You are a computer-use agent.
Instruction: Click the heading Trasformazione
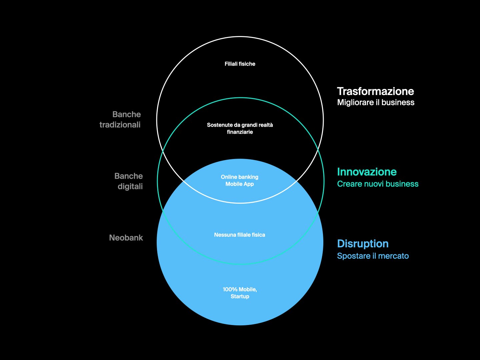[375, 91]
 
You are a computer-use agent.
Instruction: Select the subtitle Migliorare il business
[376, 102]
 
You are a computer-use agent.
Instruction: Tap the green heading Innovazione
[367, 172]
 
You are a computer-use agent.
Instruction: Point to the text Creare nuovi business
[378, 184]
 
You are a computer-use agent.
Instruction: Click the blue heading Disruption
[363, 244]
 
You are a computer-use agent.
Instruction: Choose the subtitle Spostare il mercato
[373, 256]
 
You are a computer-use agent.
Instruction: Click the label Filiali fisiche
[240, 64]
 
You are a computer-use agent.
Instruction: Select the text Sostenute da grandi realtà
[240, 125]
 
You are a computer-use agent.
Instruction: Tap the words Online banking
[240, 177]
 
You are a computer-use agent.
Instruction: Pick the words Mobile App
[240, 184]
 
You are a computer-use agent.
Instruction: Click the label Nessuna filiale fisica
[240, 235]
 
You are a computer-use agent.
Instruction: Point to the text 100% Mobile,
[240, 289]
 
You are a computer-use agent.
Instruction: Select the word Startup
[240, 296]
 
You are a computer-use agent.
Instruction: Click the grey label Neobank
[126, 238]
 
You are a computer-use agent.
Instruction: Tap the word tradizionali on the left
[120, 125]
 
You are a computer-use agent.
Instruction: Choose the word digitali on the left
[130, 186]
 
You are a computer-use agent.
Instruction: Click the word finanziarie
[240, 132]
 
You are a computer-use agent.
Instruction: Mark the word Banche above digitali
[128, 176]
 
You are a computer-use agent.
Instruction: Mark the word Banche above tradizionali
[127, 114]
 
